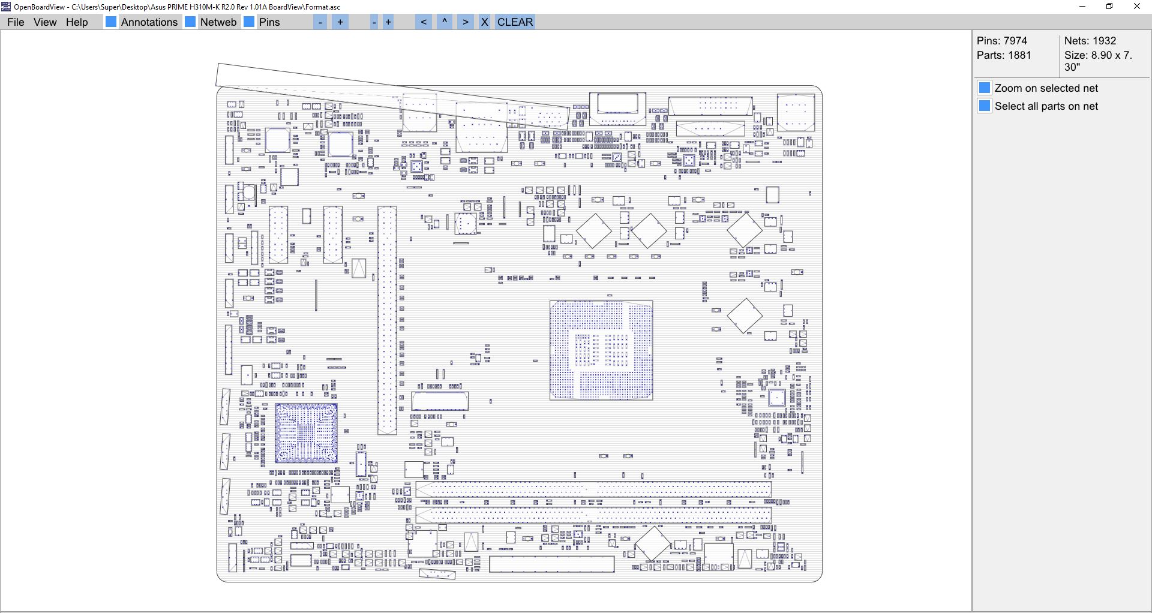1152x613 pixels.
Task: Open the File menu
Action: [x=16, y=22]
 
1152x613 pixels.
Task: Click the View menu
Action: [x=45, y=22]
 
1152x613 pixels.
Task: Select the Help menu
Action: [x=77, y=22]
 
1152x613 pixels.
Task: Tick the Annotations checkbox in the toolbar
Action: [x=111, y=22]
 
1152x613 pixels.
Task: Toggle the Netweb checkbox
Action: [x=190, y=22]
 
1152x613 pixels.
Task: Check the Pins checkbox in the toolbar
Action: [x=249, y=22]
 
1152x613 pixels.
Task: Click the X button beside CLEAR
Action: [x=485, y=22]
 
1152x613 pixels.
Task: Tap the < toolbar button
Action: [x=424, y=22]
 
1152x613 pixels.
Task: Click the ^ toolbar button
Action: [x=445, y=22]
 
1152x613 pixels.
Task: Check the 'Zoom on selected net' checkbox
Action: [x=985, y=88]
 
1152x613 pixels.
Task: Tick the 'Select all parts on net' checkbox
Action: [x=985, y=106]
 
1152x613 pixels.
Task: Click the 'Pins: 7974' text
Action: [x=1002, y=41]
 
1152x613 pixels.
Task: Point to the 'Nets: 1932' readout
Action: [x=1090, y=41]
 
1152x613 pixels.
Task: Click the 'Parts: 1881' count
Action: [x=1004, y=55]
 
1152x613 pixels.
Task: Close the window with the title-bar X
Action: [x=1137, y=7]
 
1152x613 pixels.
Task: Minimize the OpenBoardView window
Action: [x=1082, y=7]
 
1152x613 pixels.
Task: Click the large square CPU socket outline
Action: [x=601, y=350]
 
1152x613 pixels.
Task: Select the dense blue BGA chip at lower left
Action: [x=306, y=433]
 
